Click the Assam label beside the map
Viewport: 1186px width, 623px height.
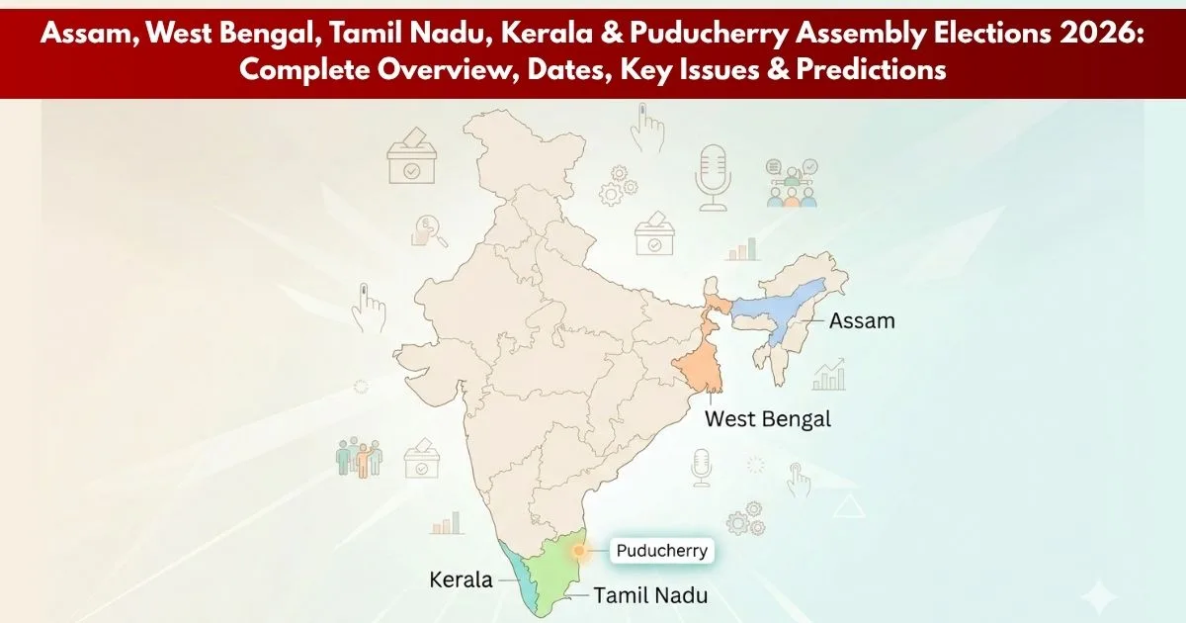tap(862, 320)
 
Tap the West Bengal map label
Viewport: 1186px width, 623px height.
tap(767, 418)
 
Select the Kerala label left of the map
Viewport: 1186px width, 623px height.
tap(461, 579)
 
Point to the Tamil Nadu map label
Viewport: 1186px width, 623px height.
tap(650, 594)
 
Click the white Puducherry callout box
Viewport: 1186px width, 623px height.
tap(661, 551)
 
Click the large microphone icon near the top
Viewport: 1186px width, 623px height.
tap(712, 177)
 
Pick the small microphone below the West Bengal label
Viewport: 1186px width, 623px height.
tap(701, 466)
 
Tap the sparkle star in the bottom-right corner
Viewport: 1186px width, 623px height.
tap(1096, 595)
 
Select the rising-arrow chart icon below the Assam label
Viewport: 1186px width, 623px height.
tap(828, 375)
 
